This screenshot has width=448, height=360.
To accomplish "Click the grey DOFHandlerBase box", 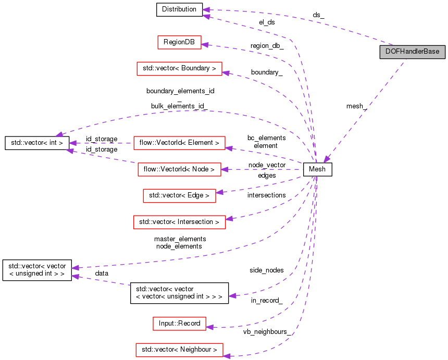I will tap(412, 52).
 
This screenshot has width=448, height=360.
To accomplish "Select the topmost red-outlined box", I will tap(179, 43).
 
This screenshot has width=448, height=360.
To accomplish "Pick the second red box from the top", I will tap(179, 69).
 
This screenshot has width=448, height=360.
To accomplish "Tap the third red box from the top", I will tap(179, 143).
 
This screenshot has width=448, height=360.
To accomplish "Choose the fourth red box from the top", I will tap(179, 169).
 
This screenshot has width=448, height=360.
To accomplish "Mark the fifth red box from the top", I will tap(179, 196).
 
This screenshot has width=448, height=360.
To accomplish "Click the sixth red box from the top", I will tap(179, 222).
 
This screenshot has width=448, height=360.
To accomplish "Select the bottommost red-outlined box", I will tap(179, 350).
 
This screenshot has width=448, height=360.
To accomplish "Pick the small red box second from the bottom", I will tap(179, 324).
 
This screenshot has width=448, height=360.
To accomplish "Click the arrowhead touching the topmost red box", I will tap(205, 45).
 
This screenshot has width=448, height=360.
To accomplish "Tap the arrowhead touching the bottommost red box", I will tap(227, 356).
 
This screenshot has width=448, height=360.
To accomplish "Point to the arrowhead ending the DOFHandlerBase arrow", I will tap(326, 159).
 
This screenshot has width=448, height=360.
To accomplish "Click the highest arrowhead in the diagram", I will tap(206, 10).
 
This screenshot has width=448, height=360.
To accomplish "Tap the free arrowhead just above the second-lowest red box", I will tap(232, 296).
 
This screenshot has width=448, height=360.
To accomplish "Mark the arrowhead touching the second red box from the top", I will tap(226, 73).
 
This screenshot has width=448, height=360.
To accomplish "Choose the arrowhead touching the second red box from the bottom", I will tap(209, 327).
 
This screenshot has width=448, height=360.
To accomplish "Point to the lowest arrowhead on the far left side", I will tap(76, 276).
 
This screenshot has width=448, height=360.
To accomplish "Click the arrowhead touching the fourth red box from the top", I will tap(225, 169).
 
